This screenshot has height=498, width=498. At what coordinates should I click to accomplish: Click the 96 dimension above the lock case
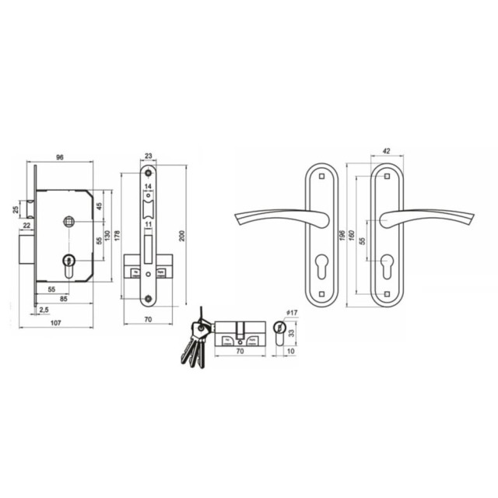tap(60, 157)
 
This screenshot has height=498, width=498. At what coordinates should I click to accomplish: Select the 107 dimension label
tap(55, 323)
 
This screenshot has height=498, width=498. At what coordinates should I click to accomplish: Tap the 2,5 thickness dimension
tap(44, 310)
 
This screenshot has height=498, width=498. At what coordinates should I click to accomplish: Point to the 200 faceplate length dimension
tap(182, 236)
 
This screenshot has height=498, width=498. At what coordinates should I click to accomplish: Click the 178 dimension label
tap(117, 236)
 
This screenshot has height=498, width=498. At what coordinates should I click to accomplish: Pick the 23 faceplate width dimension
tap(149, 156)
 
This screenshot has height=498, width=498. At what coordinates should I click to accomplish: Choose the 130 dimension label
tap(107, 236)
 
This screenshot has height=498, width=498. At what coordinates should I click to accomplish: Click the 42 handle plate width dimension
tap(386, 151)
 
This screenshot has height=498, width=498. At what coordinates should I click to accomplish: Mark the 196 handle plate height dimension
tap(342, 236)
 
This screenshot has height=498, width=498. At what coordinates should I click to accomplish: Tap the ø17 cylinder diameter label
tap(292, 313)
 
